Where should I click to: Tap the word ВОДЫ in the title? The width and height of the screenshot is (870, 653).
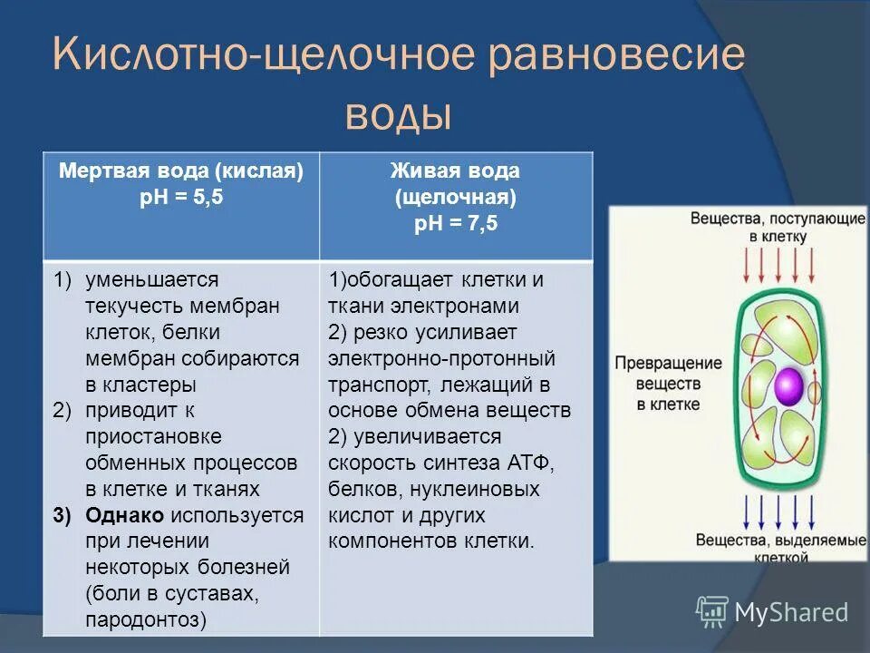(x=398, y=116)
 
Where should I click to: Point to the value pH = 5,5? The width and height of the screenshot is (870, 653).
(x=181, y=199)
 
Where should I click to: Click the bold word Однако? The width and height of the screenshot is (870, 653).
(x=124, y=515)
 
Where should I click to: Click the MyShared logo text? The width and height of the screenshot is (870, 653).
(x=791, y=611)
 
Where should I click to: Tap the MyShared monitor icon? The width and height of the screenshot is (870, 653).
(x=712, y=610)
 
